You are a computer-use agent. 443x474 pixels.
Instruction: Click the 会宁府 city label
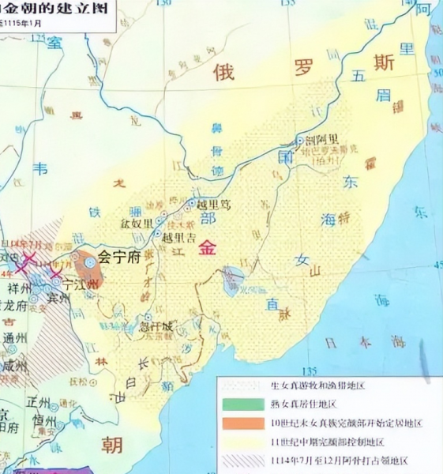[x=123, y=258]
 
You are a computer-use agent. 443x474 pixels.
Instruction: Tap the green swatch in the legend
[x=243, y=404]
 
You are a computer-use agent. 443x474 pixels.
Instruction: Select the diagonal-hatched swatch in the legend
[x=243, y=461]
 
